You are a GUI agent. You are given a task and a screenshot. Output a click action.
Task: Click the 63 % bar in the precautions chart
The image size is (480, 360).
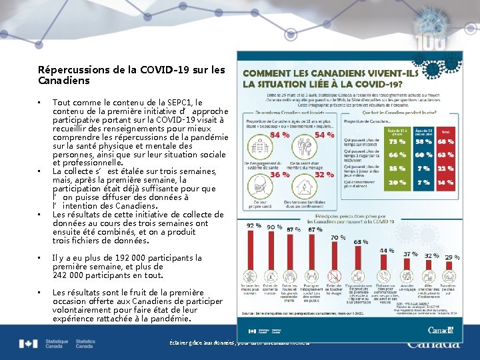(x=361, y=261)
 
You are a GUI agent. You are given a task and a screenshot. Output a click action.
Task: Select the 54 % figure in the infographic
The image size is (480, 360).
(x=324, y=135)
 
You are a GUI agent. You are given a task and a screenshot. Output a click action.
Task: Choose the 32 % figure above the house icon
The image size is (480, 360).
(x=324, y=175)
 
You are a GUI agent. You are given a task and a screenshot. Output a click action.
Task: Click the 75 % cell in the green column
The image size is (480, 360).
(x=397, y=141)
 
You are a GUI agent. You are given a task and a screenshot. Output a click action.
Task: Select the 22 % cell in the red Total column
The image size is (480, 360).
(x=445, y=168)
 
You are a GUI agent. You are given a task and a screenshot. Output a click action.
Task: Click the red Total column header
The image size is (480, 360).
(x=445, y=132)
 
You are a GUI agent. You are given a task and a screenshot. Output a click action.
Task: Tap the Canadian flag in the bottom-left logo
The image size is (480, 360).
(x=28, y=344)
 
